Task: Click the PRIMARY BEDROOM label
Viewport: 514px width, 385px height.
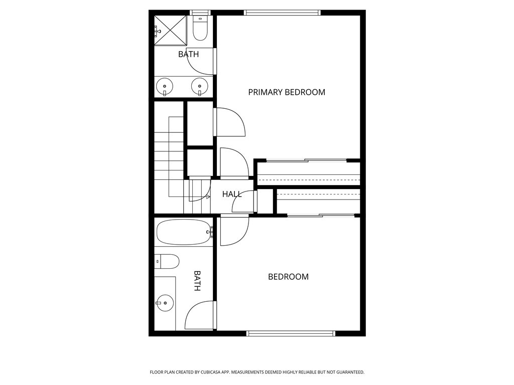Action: [x=287, y=92]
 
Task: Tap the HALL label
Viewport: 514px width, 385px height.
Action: [x=232, y=194]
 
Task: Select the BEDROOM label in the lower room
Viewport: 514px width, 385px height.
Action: [x=288, y=277]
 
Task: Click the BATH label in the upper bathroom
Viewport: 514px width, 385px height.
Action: [x=189, y=54]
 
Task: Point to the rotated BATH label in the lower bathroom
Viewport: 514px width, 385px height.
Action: [x=197, y=281]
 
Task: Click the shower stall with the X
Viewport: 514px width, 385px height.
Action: [x=171, y=30]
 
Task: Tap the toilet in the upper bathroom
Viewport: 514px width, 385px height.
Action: [x=200, y=28]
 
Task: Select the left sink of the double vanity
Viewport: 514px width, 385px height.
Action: [x=165, y=86]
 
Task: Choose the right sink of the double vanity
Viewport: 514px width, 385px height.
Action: [x=200, y=86]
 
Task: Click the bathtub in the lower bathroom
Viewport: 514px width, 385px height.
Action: [x=184, y=232]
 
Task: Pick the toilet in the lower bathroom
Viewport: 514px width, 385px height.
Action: [x=167, y=262]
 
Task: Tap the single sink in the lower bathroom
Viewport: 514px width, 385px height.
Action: [x=165, y=303]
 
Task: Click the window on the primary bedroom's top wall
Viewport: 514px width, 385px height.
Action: [x=282, y=13]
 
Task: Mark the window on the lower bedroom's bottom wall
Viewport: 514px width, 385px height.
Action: [x=291, y=333]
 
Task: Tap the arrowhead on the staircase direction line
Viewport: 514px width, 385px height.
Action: [x=208, y=197]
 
